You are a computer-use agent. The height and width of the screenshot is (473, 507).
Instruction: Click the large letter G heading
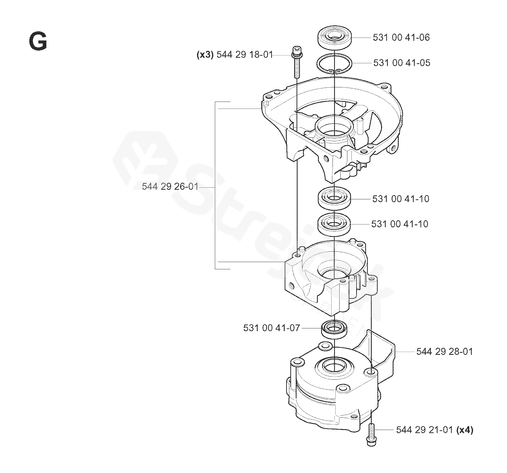tap(38, 42)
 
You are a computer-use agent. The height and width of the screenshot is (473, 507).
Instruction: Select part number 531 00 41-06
tap(401, 38)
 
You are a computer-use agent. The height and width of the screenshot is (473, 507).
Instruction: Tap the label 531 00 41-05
tap(402, 63)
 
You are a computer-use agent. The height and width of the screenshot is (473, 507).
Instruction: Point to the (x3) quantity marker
tap(205, 55)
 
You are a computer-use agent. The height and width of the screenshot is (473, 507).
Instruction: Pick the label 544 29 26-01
tap(170, 187)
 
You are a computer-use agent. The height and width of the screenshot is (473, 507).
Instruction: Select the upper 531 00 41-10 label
tap(401, 199)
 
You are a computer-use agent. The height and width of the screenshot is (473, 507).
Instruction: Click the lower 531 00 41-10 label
tap(400, 224)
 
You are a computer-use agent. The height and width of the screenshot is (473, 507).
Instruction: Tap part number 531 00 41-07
tap(272, 328)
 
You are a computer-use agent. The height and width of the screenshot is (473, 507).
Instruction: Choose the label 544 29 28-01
tap(445, 352)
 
